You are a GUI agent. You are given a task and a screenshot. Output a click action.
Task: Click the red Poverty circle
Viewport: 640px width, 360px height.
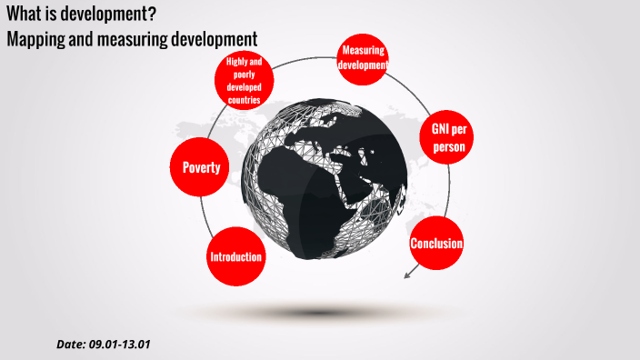[201, 167]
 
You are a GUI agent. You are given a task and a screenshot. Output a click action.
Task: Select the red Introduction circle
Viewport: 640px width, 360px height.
[236, 256]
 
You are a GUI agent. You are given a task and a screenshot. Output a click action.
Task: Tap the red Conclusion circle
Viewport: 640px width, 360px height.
[436, 244]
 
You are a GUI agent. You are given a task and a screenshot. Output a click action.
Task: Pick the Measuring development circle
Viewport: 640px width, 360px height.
[364, 57]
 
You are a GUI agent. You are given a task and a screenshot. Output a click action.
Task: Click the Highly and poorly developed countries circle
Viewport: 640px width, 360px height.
[245, 81]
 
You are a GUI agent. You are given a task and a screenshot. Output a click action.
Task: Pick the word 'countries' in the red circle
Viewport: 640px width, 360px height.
[245, 100]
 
